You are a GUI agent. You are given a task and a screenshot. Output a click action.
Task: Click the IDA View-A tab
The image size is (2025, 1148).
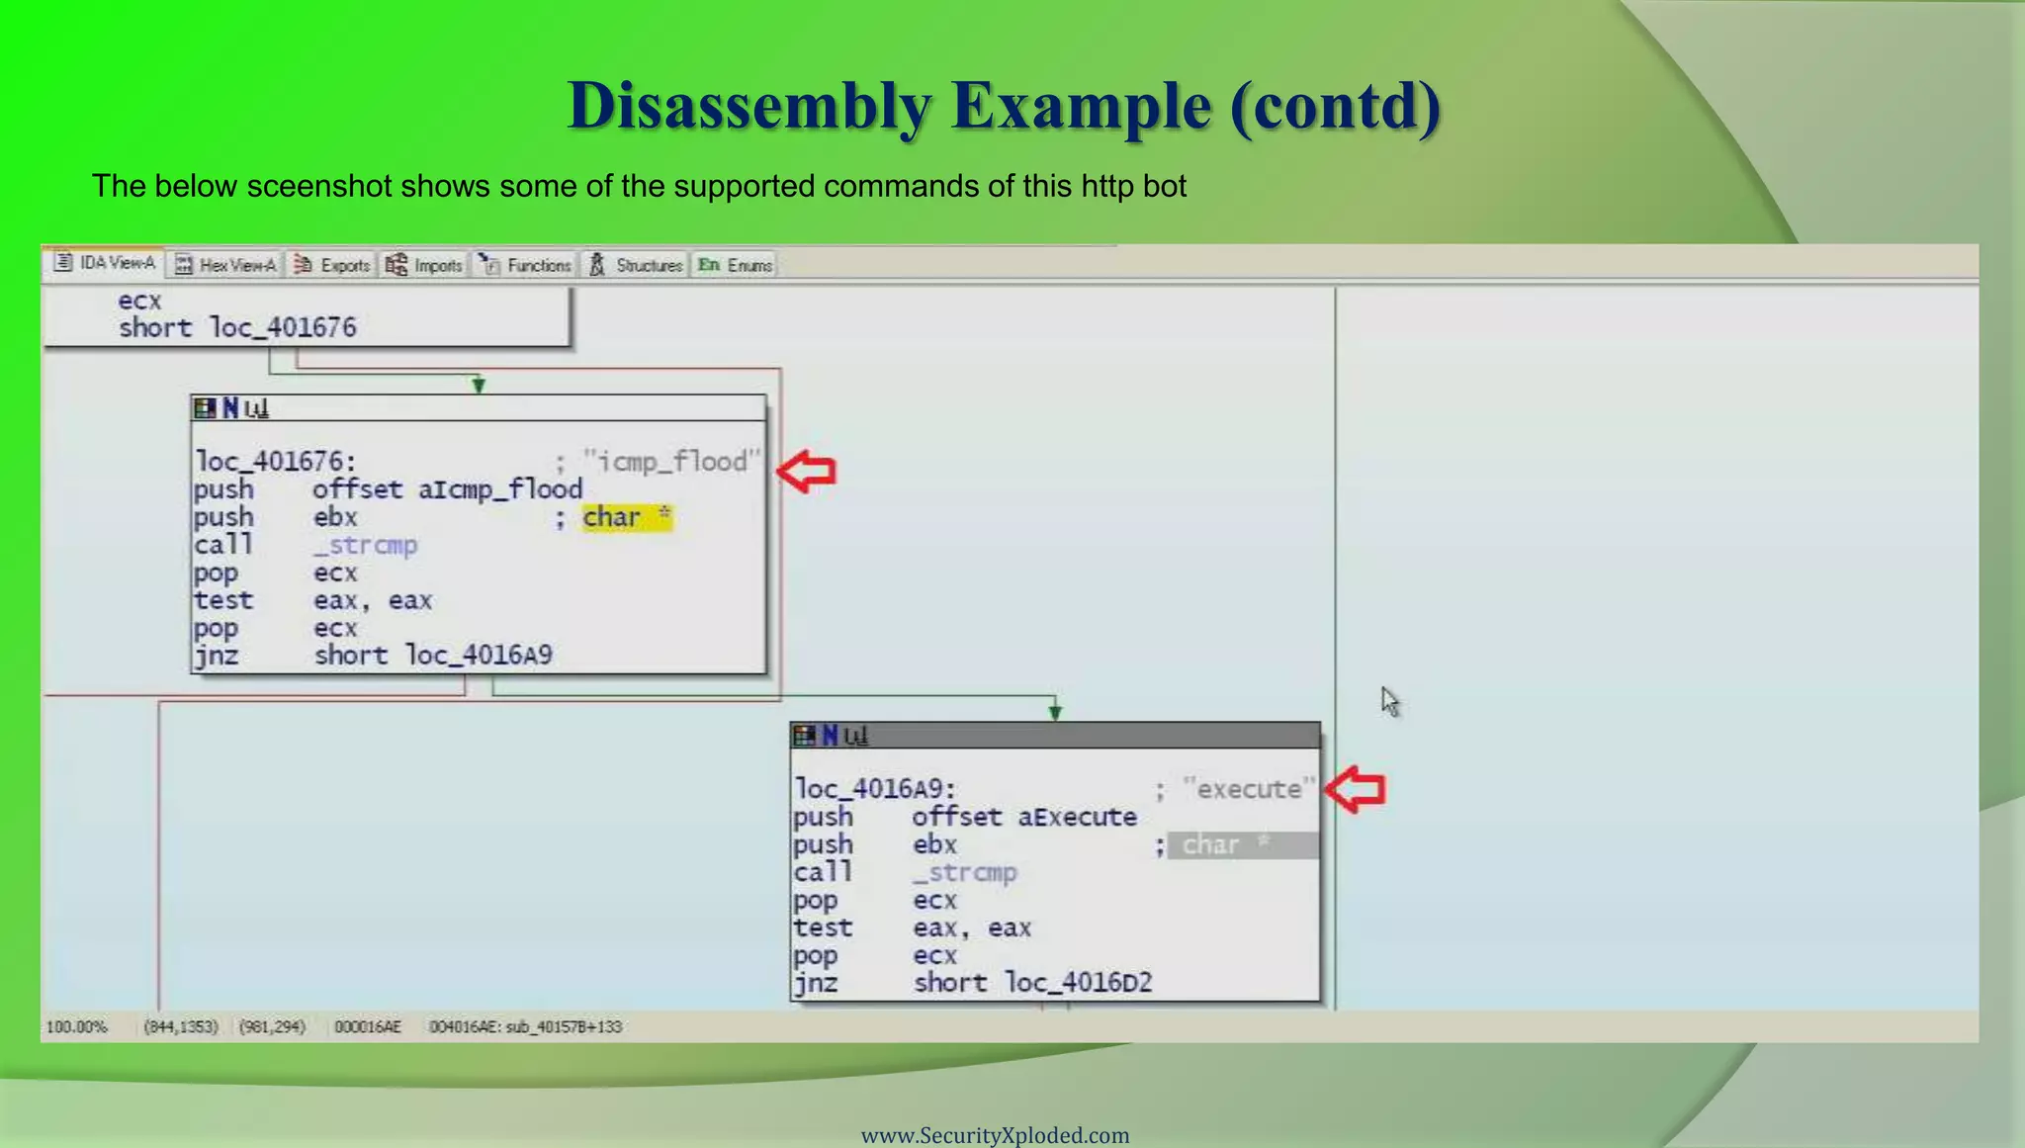click(105, 263)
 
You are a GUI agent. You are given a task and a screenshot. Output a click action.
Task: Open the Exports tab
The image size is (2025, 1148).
click(332, 265)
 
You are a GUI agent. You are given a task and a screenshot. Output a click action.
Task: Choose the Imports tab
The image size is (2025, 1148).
click(425, 265)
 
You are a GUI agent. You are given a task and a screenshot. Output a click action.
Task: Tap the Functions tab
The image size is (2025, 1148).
click(526, 265)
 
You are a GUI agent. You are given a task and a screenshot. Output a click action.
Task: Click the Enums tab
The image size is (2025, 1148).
click(736, 265)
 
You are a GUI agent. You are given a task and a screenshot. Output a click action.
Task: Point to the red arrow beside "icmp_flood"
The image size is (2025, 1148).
click(807, 471)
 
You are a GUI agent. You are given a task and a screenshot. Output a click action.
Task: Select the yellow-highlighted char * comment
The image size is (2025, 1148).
click(626, 517)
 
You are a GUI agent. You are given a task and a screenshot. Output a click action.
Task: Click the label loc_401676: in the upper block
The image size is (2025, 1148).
click(275, 462)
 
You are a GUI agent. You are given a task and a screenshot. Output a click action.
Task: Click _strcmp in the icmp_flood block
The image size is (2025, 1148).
click(365, 545)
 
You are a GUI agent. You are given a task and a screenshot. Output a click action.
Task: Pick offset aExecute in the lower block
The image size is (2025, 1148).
click(1024, 817)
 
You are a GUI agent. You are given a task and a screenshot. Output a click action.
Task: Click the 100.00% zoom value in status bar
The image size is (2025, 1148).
click(76, 1026)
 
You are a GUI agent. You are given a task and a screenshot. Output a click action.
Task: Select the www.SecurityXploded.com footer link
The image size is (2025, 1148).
click(995, 1135)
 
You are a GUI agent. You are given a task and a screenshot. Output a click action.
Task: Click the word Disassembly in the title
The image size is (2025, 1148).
click(748, 105)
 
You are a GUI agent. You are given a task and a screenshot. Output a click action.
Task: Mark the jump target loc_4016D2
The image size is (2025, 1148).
click(1078, 983)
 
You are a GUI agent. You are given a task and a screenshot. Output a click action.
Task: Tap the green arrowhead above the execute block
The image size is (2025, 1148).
click(1055, 710)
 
